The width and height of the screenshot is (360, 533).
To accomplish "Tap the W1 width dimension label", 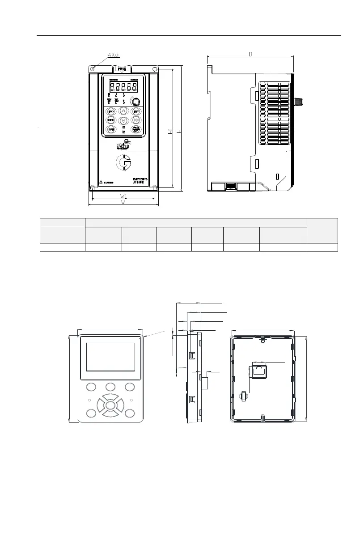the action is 123,196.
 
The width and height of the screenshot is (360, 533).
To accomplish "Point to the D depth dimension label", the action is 250,54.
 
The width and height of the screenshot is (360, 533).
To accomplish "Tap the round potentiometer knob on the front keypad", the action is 135,102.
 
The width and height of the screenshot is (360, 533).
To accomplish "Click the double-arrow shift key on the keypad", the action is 136,120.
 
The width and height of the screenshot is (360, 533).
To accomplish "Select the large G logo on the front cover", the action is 123,163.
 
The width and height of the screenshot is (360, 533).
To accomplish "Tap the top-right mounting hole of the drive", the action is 155,69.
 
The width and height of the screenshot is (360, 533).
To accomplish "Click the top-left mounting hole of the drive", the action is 92,69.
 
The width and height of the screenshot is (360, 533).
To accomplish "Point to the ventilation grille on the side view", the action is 274,114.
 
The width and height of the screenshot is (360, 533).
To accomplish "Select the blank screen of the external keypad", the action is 110,357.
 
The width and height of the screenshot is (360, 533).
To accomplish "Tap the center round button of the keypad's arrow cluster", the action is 110,405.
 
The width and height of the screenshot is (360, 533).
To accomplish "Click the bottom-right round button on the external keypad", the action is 130,413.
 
